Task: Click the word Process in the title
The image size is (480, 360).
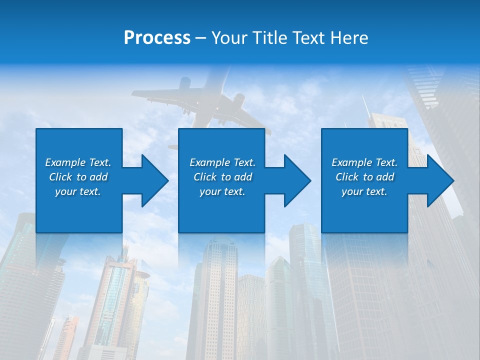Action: point(157,38)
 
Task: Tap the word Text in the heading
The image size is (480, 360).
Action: point(309,38)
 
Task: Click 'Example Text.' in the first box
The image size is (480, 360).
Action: point(78,162)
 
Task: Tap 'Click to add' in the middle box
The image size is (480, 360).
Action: point(222,177)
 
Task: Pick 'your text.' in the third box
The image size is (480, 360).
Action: point(364,191)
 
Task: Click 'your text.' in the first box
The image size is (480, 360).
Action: point(78,191)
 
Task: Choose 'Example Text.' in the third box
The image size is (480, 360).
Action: point(364,162)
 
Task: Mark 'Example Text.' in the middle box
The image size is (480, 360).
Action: point(222,162)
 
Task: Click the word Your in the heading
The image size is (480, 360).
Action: point(228,38)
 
